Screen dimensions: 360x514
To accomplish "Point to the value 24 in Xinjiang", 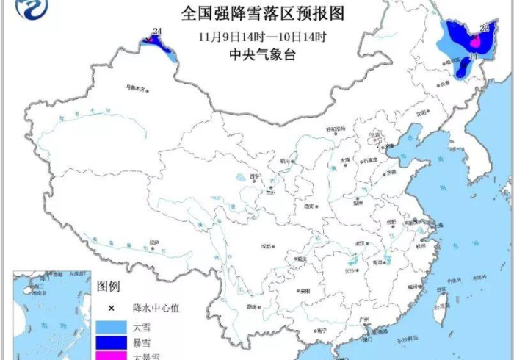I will coord(156,30).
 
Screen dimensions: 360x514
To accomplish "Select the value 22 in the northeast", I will coord(484,28).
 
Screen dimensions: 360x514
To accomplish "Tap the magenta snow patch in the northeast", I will coord(475,43).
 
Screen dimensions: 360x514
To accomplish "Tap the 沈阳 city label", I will coord(421,114).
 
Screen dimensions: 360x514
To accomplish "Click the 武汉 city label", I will coord(359,244).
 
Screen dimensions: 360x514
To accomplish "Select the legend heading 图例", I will coord(109,286).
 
